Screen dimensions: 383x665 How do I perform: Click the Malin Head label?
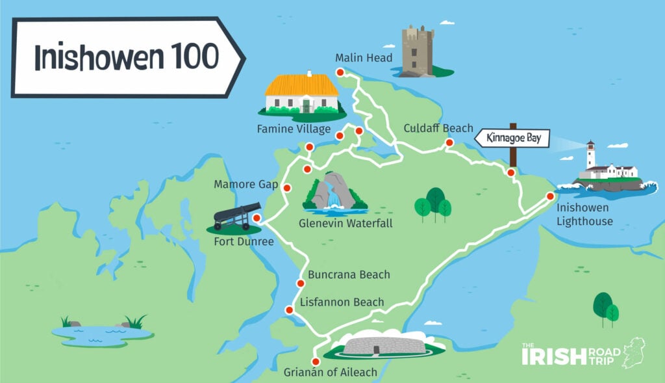364,59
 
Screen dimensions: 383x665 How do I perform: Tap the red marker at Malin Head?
339,73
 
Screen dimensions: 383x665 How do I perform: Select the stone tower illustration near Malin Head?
417,51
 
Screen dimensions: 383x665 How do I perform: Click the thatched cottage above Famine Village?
302,94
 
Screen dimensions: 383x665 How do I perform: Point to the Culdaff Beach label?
438,128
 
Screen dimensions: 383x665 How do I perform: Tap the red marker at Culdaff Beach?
449,142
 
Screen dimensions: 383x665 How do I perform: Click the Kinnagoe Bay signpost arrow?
512,139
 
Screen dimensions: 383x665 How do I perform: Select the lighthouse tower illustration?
591,156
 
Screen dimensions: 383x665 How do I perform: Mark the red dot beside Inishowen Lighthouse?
550,196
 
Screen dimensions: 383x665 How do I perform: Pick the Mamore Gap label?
242,185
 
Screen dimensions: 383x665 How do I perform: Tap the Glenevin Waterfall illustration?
334,193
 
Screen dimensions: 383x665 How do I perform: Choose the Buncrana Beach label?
349,274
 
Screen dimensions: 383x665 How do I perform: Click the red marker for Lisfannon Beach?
290,310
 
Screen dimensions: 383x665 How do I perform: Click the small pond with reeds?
103,333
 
